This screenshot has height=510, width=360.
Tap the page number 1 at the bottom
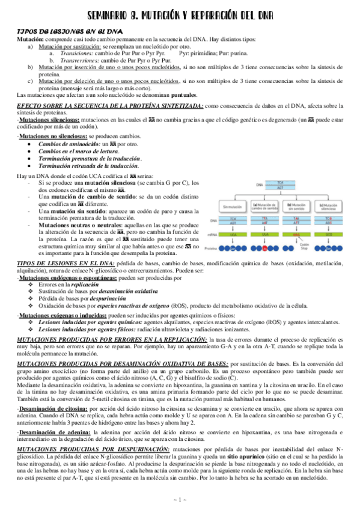(x=180, y=500)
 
